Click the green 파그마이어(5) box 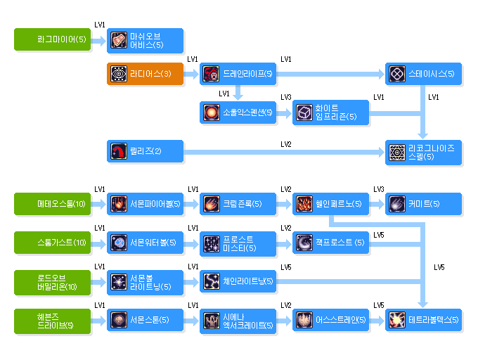[61, 39]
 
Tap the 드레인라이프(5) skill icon [211, 74]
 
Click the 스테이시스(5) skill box [424, 74]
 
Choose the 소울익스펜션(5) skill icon [211, 112]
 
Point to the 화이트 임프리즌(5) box [330, 112]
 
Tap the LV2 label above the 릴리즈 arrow [286, 144]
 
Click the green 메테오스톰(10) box [61, 204]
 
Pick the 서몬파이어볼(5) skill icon [118, 204]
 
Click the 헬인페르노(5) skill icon [304, 204]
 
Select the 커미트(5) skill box [424, 204]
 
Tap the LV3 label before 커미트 [379, 190]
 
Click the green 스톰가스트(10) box [61, 243]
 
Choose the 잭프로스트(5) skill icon [304, 243]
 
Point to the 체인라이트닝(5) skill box [237, 281]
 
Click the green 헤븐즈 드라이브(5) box [61, 321]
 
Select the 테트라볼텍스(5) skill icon [396, 321]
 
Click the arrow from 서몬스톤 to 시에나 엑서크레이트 [192, 321]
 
